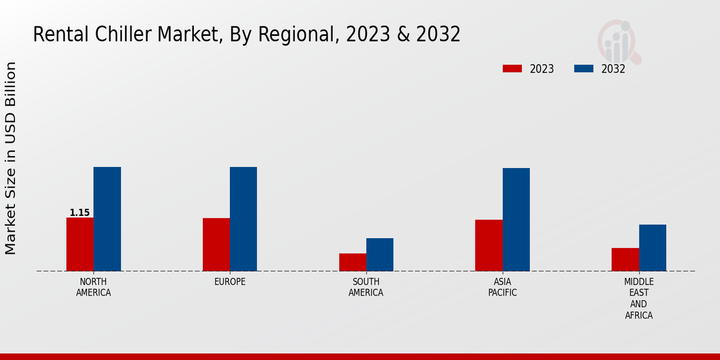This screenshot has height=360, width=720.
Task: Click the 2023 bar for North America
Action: [x=80, y=244]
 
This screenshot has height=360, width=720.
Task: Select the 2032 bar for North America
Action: [x=107, y=219]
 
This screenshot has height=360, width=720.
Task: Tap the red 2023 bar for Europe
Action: [x=216, y=244]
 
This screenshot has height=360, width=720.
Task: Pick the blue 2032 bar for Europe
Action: [x=243, y=219]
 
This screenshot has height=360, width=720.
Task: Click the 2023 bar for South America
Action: [x=352, y=262]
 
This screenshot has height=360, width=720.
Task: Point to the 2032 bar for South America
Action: [x=380, y=254]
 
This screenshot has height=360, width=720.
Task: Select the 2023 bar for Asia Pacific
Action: [x=488, y=245]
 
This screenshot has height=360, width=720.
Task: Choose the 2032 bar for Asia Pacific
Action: [x=516, y=220]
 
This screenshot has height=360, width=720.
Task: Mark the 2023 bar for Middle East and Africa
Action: [x=625, y=259]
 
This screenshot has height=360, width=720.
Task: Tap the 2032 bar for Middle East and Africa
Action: [x=652, y=248]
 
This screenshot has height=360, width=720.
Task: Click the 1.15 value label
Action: [x=80, y=213]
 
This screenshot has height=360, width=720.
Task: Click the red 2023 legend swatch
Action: [x=512, y=69]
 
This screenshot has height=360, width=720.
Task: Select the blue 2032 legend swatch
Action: [x=584, y=69]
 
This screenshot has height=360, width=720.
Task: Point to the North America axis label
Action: [x=94, y=287]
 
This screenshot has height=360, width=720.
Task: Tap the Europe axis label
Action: [x=230, y=282]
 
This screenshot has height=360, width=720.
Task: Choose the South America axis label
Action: [x=366, y=287]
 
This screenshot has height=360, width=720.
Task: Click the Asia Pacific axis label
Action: [x=502, y=287]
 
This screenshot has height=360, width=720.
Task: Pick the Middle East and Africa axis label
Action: [x=638, y=298]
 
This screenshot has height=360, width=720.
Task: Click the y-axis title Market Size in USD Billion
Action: [x=11, y=158]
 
